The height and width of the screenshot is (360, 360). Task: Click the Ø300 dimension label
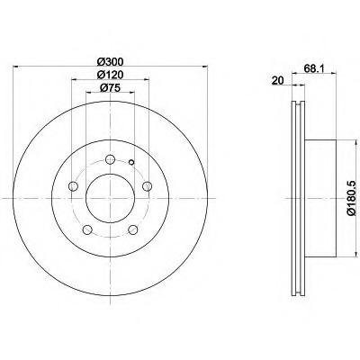(x=111, y=62)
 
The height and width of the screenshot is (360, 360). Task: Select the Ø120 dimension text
(x=111, y=75)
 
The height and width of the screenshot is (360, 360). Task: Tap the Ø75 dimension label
(x=111, y=88)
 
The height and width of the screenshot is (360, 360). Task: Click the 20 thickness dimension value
(x=277, y=81)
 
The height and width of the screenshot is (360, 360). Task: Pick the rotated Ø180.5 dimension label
(x=351, y=198)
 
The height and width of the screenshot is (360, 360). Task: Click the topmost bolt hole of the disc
(x=111, y=159)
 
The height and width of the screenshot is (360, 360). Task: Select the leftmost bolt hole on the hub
(x=73, y=186)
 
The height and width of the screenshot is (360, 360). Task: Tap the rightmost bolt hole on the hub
(x=147, y=186)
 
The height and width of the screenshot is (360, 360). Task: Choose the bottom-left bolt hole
(x=87, y=230)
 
